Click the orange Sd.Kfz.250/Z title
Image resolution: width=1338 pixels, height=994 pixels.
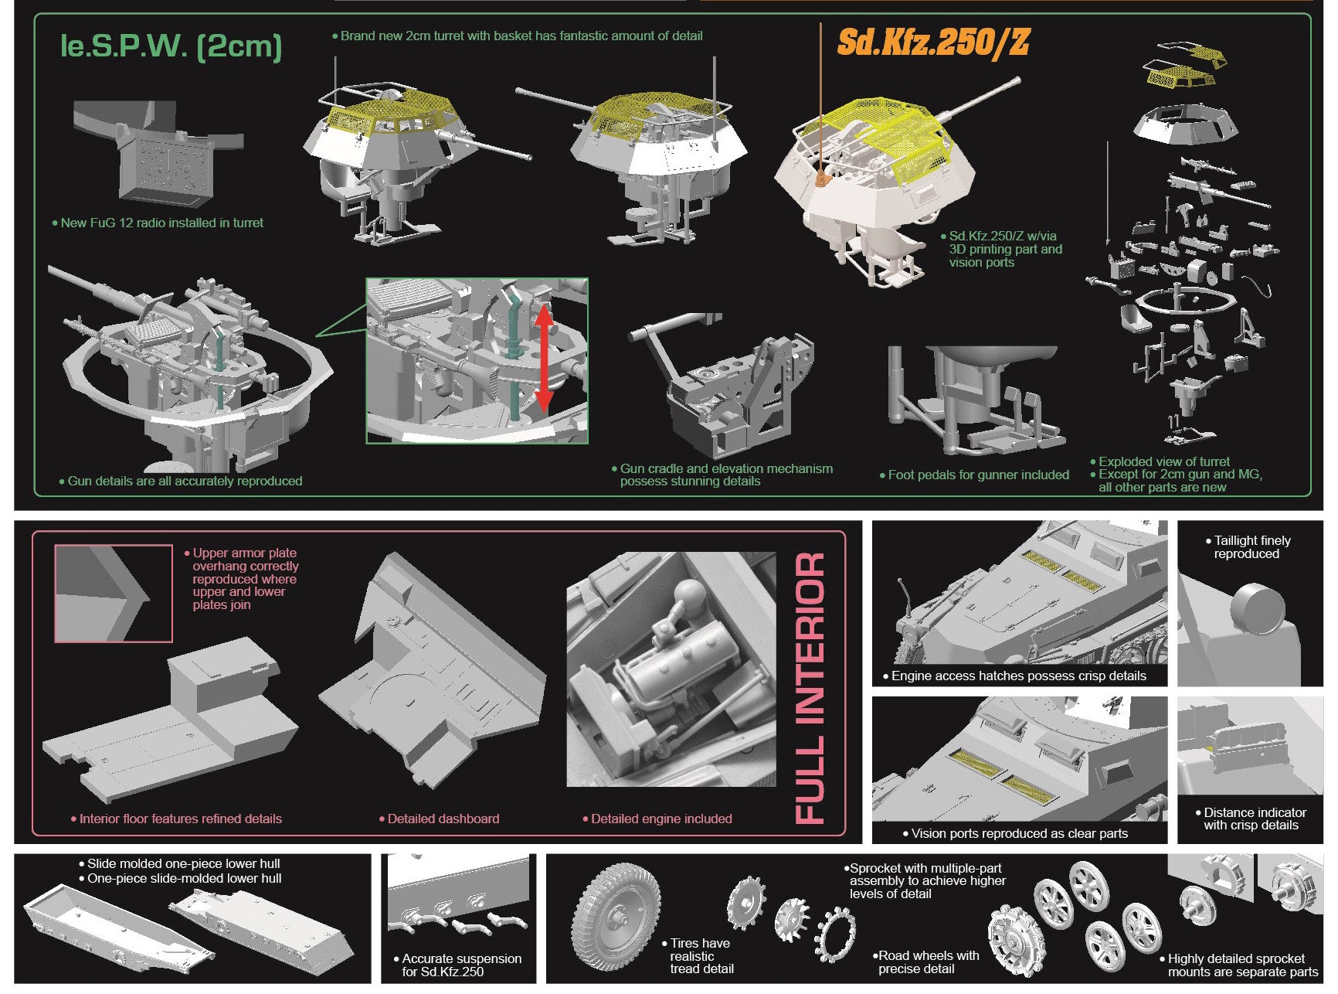coord(933,42)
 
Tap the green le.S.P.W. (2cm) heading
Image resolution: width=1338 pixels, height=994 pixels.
coord(171,46)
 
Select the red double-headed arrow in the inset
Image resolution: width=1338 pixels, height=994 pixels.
coord(543,357)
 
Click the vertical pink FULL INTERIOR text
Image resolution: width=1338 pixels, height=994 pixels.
coord(810,687)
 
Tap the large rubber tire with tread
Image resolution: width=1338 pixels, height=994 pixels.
coord(616,917)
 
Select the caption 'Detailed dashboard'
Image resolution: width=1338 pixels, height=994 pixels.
coord(443,819)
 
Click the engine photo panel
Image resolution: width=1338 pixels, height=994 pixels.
coord(671,669)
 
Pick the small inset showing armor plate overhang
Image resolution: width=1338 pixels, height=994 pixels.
coord(113,593)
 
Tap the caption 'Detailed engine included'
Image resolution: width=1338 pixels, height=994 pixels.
coord(661,819)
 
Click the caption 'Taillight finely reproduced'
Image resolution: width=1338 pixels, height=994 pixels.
coord(1251,547)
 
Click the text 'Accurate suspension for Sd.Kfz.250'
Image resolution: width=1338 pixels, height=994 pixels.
coord(460,965)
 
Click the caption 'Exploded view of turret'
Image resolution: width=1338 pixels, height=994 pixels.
coord(1163,461)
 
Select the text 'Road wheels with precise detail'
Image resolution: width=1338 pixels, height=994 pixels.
coord(928,962)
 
